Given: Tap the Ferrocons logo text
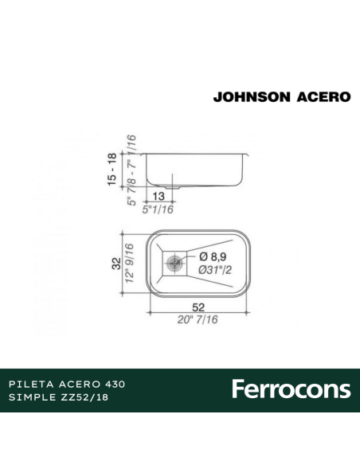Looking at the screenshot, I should pos(291,389).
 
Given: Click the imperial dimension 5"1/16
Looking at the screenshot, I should pos(157,210).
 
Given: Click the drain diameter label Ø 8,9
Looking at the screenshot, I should pos(215,256).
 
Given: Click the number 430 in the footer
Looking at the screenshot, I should pos(117,383).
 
